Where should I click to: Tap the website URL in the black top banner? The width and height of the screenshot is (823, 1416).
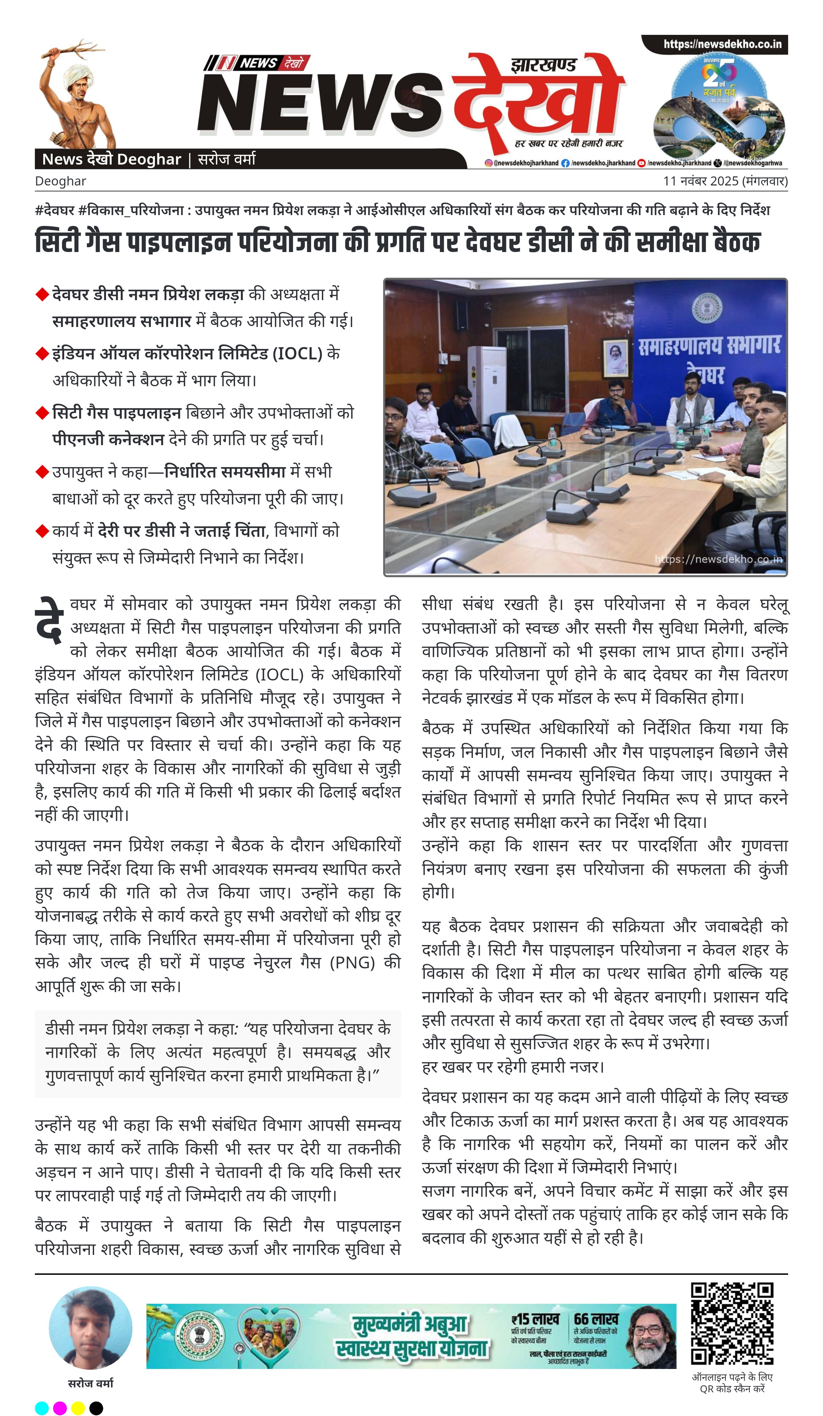tap(722, 44)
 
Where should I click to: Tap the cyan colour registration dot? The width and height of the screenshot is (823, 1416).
tap(41, 1408)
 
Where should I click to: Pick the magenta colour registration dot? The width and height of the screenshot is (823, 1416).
tap(60, 1408)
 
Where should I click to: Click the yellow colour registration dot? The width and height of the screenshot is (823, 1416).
tap(78, 1408)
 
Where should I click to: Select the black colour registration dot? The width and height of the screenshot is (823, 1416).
tap(96, 1408)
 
